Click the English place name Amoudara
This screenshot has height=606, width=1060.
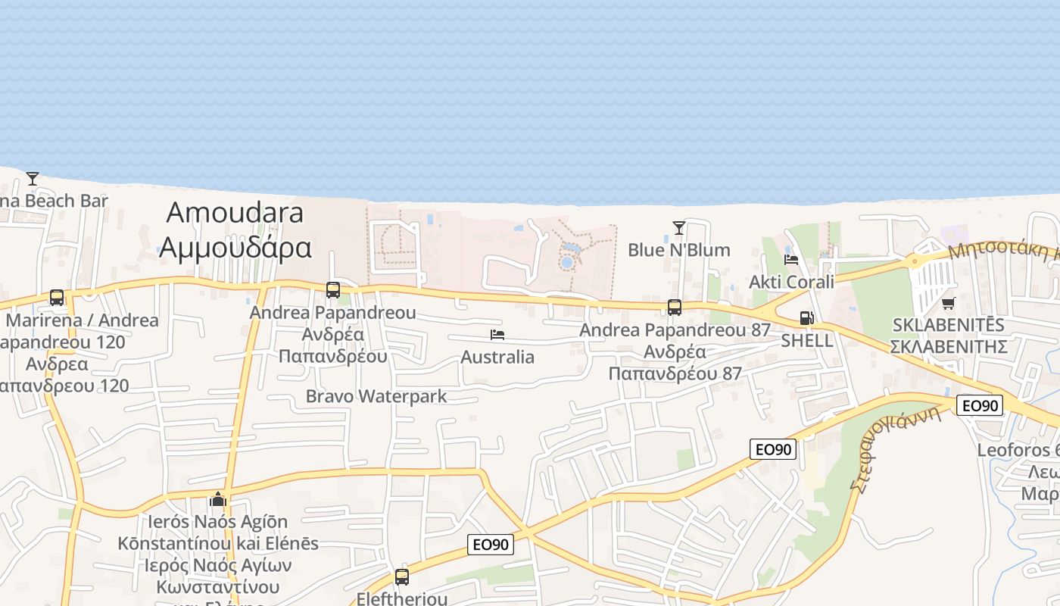pos(235,213)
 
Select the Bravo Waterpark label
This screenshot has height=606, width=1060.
pos(376,396)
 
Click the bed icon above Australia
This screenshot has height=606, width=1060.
pos(497,334)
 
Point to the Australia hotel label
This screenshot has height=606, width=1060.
pos(497,357)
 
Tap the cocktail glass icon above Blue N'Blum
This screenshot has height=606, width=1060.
pos(678,227)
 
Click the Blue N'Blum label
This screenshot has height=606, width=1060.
pos(679,250)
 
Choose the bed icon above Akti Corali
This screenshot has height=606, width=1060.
pos(791,259)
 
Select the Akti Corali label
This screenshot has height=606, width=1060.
pos(791,282)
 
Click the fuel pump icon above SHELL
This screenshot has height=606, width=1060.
pos(807,318)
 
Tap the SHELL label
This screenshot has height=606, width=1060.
pos(807,340)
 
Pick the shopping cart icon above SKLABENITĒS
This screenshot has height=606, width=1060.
pos(948,303)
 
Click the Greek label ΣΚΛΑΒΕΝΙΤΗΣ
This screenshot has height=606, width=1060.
pos(948,347)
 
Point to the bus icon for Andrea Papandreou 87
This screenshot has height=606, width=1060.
pos(675,307)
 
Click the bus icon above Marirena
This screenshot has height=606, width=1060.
pos(57,297)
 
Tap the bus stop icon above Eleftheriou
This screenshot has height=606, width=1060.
pos(402,576)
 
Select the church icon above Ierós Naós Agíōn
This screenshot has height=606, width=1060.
pos(218,499)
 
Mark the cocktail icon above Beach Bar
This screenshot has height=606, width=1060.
pos(33,179)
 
